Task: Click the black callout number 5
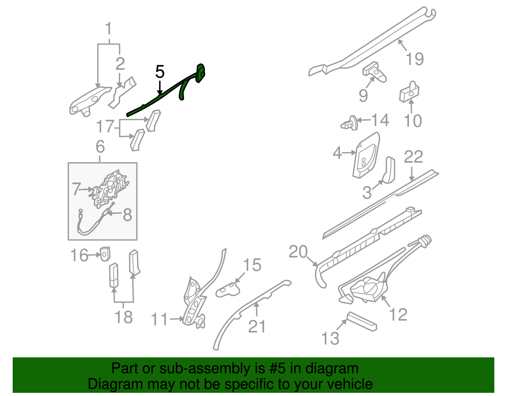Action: click(x=160, y=72)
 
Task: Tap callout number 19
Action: click(x=414, y=59)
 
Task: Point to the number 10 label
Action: click(x=413, y=121)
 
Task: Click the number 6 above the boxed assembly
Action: click(x=100, y=147)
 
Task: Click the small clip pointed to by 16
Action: click(x=105, y=254)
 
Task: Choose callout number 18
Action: click(x=123, y=317)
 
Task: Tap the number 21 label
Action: click(x=257, y=326)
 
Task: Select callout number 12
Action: click(x=398, y=315)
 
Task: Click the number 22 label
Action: click(x=413, y=157)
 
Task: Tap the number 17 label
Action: click(x=105, y=127)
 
